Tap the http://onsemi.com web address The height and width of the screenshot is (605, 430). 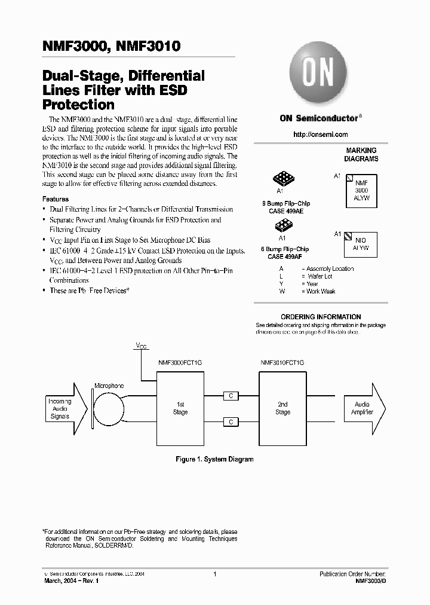321,135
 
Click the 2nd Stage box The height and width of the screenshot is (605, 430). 282,408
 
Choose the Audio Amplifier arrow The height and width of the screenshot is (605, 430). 365,408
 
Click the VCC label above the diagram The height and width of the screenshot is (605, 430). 140,346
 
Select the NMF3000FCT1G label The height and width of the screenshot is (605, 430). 180,363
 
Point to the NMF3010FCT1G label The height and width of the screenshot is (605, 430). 282,363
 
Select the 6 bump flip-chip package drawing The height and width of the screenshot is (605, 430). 282,225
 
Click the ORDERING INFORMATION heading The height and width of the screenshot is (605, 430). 321,317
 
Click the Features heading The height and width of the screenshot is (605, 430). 55,199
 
